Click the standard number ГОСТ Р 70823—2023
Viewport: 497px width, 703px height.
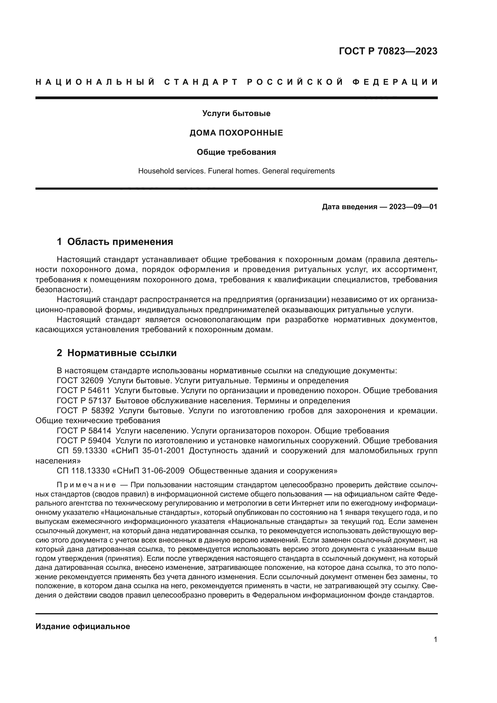pyautogui.click(x=388, y=51)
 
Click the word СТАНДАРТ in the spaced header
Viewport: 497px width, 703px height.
pyautogui.click(x=201, y=82)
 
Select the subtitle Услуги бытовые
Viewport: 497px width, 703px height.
pyautogui.click(x=236, y=114)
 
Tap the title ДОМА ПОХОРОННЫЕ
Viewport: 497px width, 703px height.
pyautogui.click(x=236, y=133)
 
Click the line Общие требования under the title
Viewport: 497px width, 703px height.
pyautogui.click(x=236, y=152)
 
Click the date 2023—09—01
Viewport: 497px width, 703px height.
pyautogui.click(x=413, y=207)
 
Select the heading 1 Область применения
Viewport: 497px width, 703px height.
pyautogui.click(x=115, y=242)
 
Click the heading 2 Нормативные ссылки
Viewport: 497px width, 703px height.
pyautogui.click(x=117, y=353)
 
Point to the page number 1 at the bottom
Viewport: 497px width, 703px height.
pyautogui.click(x=435, y=640)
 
